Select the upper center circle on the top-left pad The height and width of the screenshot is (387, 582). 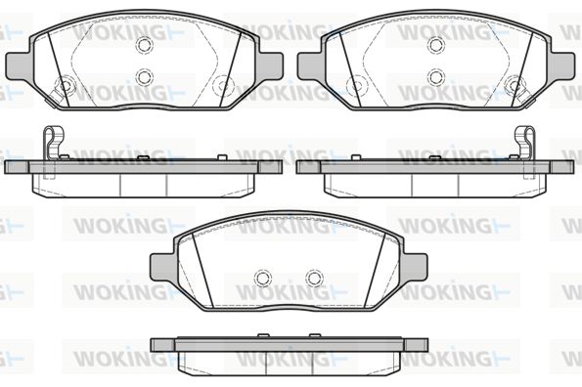pos(145,45)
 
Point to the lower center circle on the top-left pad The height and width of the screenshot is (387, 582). pos(145,77)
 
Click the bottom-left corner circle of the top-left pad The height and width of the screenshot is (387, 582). pos(65,86)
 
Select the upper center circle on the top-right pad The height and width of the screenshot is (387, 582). pos(435,45)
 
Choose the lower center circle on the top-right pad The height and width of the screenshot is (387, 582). pos(435,77)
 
